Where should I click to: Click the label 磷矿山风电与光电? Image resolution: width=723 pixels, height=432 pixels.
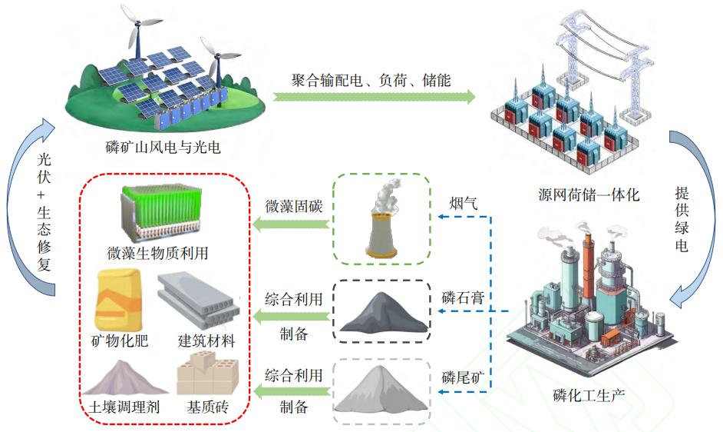click(x=163, y=146)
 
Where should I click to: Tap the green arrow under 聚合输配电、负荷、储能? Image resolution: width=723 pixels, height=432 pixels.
click(x=374, y=97)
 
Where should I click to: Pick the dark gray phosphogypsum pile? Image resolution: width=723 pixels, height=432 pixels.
click(x=381, y=316)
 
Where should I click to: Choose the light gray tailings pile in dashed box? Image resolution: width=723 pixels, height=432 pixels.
click(x=381, y=392)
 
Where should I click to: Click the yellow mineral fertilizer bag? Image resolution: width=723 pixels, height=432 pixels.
click(x=115, y=301)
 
